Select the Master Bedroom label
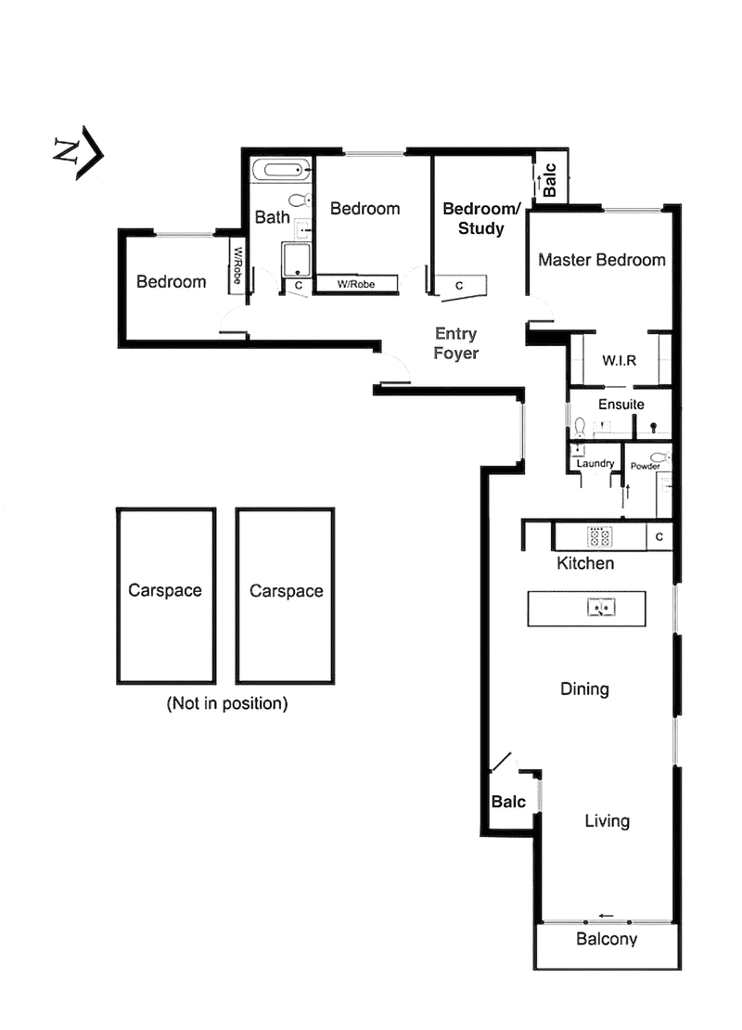[x=602, y=260]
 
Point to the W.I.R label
[x=619, y=360]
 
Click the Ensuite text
[x=620, y=405]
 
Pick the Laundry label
[x=595, y=463]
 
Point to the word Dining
[x=584, y=689]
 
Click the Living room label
[x=607, y=821]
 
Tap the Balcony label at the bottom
[x=607, y=939]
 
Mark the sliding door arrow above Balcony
[x=607, y=916]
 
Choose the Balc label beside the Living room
[x=508, y=802]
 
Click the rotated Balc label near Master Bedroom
[x=549, y=181]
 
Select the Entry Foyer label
[x=456, y=343]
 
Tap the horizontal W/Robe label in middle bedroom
[x=356, y=285]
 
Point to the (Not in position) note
[x=227, y=703]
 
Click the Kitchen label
[x=584, y=563]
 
